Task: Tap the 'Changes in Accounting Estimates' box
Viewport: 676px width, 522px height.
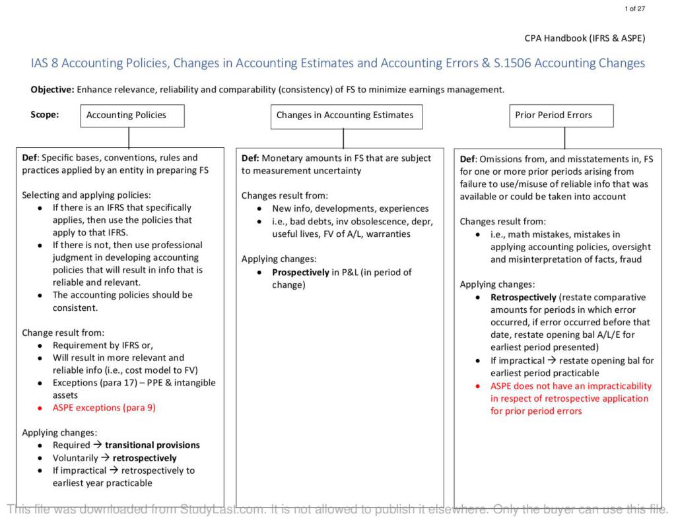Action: click(x=345, y=115)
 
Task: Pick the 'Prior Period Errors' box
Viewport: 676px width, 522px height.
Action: click(x=564, y=115)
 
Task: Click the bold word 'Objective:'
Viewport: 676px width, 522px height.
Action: click(x=53, y=89)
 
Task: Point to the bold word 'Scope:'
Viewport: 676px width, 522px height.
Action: click(x=44, y=114)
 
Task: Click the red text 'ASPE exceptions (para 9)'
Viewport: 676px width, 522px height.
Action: click(x=104, y=408)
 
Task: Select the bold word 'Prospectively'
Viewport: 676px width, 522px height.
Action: click(x=300, y=272)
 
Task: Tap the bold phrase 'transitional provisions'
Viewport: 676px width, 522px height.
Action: click(x=152, y=445)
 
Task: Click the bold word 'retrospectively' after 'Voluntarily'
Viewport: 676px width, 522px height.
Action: click(x=145, y=457)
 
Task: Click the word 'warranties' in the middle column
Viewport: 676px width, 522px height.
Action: click(x=389, y=234)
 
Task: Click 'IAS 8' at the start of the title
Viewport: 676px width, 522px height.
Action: click(x=44, y=64)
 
